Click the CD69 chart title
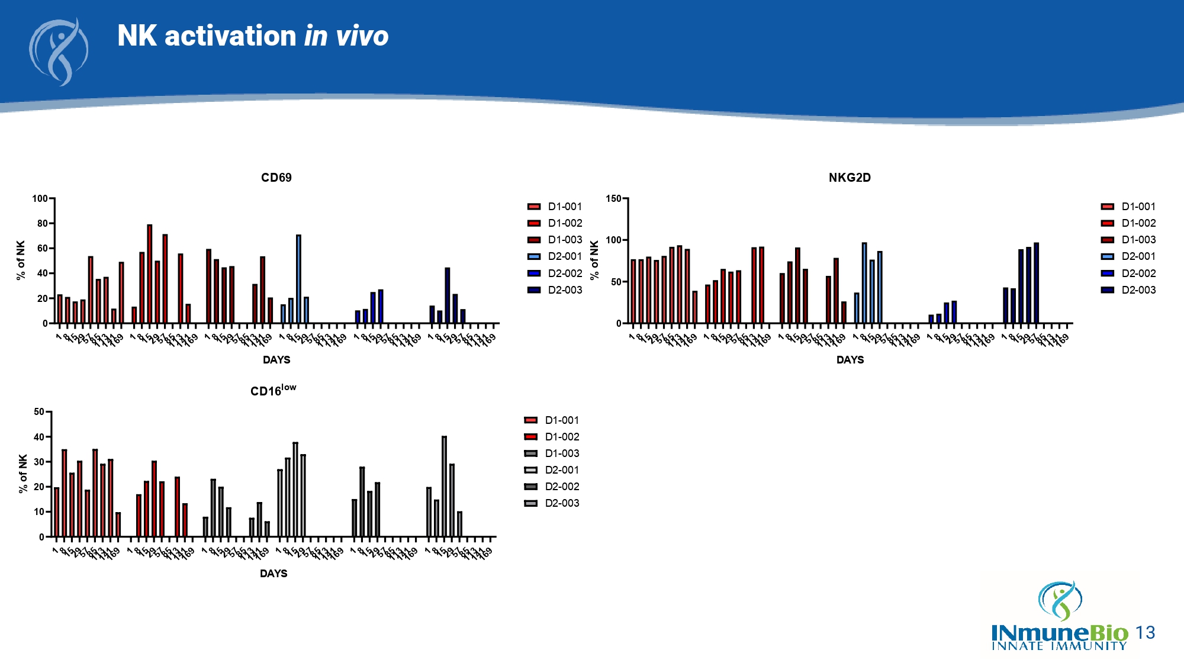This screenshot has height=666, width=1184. coord(276,178)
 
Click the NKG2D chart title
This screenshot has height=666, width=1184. coord(850,178)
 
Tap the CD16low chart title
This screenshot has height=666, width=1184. coord(273,390)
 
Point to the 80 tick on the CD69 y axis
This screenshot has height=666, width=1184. coord(42,224)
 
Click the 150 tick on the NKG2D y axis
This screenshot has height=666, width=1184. coord(613,199)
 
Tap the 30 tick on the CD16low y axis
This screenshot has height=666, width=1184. coord(39,462)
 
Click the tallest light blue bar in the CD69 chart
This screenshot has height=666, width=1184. coord(298,278)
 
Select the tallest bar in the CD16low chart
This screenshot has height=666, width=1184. coord(444,485)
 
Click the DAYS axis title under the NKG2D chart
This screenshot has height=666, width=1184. coord(850,360)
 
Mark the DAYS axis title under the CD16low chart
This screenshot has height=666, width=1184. coord(273,574)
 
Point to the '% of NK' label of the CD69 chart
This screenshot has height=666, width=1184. coord(21,260)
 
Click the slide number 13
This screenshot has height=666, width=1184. coord(1146,633)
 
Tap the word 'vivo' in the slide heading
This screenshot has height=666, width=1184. coord(362,36)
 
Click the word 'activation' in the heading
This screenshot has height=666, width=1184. coord(230,36)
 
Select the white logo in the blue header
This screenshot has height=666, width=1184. coord(59,52)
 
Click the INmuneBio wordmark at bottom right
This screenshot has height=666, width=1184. coord(1060,633)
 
